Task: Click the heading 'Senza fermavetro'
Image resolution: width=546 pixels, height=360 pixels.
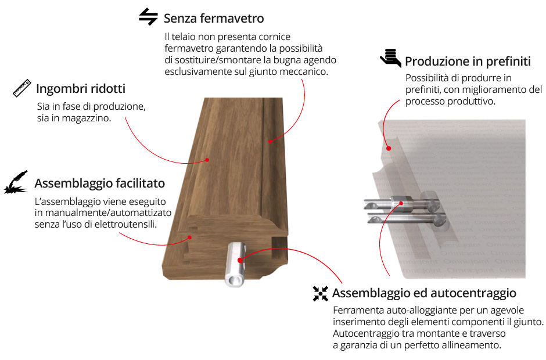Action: (x=214, y=18)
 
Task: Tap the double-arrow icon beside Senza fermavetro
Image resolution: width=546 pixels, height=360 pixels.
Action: (x=148, y=16)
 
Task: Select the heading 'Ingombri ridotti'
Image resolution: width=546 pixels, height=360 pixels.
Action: (x=81, y=89)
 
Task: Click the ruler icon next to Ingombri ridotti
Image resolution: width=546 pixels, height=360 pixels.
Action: (x=22, y=88)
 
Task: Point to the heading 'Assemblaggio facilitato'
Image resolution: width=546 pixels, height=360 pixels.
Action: (x=99, y=183)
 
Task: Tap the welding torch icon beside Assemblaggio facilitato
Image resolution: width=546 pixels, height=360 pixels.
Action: (x=16, y=182)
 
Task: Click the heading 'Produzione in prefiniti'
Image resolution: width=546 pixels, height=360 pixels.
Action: (x=468, y=62)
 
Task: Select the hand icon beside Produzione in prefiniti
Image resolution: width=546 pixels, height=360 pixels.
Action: (x=390, y=57)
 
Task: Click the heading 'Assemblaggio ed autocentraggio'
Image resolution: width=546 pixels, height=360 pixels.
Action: (x=424, y=293)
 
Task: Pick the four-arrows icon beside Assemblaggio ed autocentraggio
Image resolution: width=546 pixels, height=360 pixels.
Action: (x=321, y=293)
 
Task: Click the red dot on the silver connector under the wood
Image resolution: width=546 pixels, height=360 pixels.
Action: (x=240, y=260)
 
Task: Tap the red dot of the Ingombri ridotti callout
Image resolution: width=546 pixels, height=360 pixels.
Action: (x=207, y=160)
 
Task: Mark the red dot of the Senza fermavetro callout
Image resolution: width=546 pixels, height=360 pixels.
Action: (x=270, y=141)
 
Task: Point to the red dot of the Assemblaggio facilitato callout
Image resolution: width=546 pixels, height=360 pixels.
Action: (x=190, y=237)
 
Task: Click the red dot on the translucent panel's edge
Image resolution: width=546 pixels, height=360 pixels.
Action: (x=389, y=148)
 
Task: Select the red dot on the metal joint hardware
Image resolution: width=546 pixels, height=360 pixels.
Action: (x=401, y=203)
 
